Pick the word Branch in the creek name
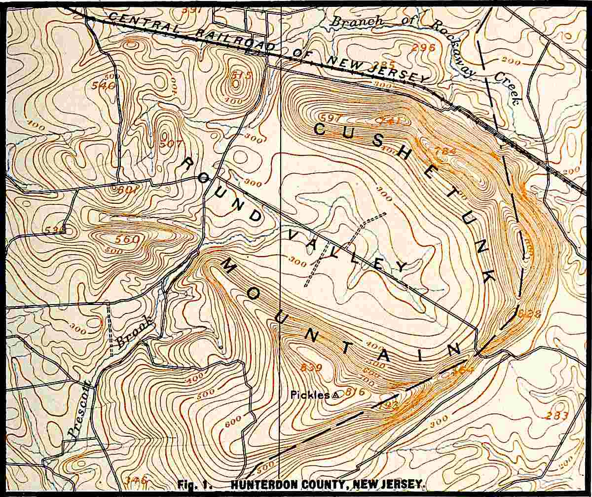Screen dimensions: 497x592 point(356,21)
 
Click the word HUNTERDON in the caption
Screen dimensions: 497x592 point(256,485)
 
